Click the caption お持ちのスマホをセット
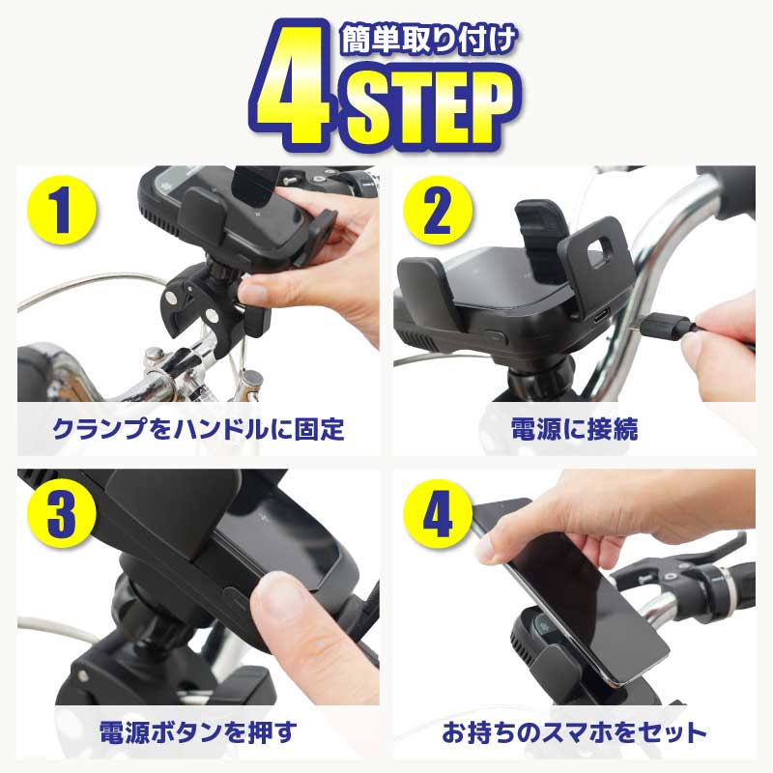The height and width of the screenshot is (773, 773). click(574, 732)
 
